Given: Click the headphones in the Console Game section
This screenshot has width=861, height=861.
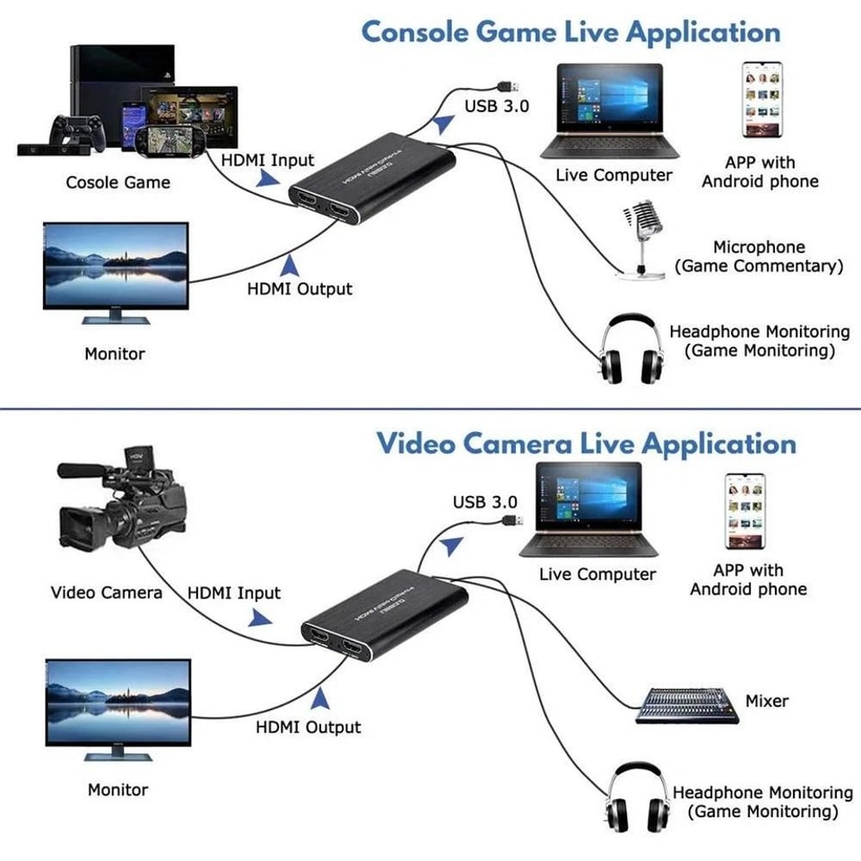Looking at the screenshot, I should tap(633, 349).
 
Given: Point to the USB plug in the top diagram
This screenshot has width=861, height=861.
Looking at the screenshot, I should tap(507, 86).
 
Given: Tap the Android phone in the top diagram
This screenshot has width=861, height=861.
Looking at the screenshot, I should tap(761, 100).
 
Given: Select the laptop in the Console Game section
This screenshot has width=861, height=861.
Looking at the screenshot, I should tap(609, 112).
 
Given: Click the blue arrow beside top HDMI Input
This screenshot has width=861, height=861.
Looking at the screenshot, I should tap(268, 177).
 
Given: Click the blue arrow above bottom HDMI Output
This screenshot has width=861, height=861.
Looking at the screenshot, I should tap(321, 697).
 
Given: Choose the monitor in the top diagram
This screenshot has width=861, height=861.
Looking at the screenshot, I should tap(115, 271).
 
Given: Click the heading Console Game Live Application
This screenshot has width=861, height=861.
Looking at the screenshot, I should tap(570, 32).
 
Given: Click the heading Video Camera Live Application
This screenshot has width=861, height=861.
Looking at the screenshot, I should tap(585, 443).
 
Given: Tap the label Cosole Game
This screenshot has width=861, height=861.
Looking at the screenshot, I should tap(118, 183).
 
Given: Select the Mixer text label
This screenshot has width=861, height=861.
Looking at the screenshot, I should tap(766, 701).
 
